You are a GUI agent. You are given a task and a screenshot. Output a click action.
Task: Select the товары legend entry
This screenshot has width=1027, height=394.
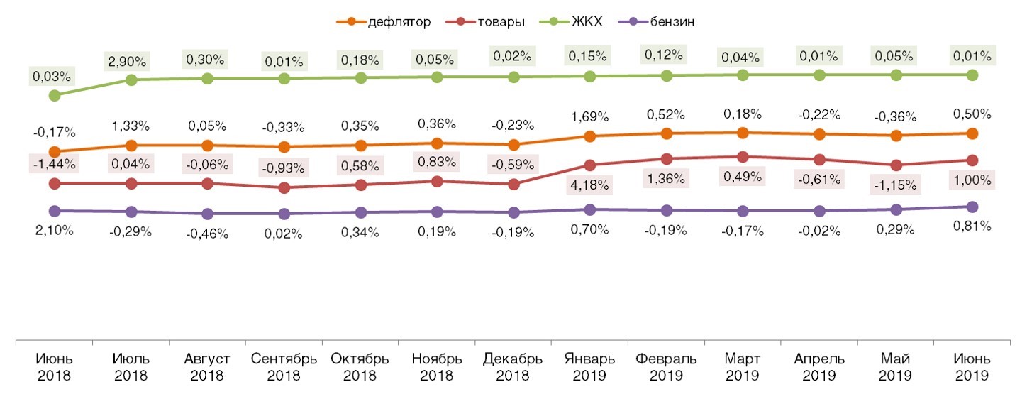[x=494, y=21]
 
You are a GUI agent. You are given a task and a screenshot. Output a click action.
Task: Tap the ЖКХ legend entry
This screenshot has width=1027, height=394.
[x=579, y=21]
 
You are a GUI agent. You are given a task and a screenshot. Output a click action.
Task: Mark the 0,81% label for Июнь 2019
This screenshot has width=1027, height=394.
[x=972, y=226]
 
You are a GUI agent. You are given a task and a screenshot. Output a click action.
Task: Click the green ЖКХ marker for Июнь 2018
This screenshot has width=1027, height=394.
[x=55, y=95]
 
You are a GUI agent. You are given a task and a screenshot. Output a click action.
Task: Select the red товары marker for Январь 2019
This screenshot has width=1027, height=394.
[x=589, y=165]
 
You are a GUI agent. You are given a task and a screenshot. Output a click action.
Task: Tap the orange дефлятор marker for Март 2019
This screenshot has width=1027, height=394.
[x=743, y=133]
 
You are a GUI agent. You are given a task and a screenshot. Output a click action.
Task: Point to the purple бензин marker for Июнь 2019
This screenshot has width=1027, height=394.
[x=972, y=207]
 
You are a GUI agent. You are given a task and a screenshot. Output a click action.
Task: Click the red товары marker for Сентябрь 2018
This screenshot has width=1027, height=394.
[x=284, y=188]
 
